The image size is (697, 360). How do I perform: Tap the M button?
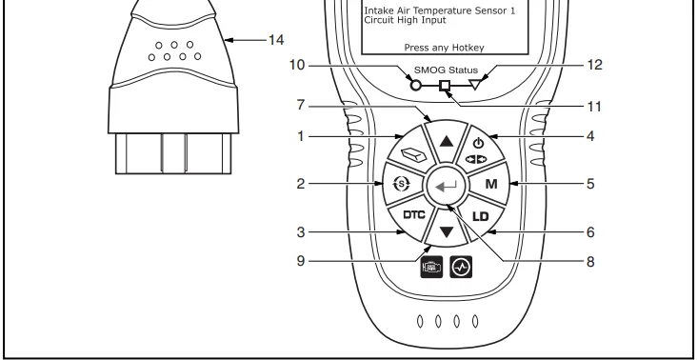[489, 184]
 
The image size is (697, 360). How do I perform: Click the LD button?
[480, 217]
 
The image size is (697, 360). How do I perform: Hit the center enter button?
[446, 187]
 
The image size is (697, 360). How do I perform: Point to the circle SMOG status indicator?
[415, 86]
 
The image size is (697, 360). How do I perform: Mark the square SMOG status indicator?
[445, 86]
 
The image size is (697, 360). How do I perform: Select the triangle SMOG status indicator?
[475, 85]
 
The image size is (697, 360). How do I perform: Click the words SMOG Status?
[446, 70]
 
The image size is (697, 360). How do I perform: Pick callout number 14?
[275, 40]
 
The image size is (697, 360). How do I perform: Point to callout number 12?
[595, 65]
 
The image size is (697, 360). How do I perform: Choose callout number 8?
[590, 262]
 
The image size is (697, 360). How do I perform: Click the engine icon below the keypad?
[431, 267]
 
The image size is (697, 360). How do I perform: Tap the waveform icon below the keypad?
[461, 267]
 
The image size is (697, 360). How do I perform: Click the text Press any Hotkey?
[444, 48]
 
